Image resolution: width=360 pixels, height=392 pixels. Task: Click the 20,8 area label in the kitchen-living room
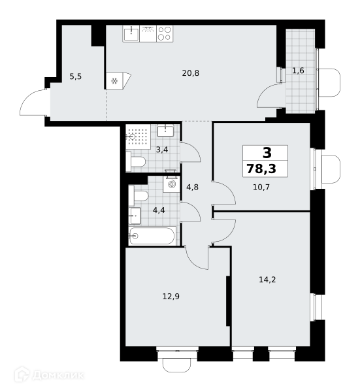191,73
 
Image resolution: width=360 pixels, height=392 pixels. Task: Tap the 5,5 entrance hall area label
76,76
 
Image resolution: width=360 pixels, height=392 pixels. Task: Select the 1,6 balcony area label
298,71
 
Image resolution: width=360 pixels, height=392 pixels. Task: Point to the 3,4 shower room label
162,150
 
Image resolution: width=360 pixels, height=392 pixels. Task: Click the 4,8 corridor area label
192,187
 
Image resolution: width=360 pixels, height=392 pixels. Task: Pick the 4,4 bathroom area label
159,210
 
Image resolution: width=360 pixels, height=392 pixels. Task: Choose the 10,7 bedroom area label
261,187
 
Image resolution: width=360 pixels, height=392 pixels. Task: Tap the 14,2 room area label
267,280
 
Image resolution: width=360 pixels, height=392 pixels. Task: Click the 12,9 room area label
171,297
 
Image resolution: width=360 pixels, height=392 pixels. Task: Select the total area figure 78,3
261,169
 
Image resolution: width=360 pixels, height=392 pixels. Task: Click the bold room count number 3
267,153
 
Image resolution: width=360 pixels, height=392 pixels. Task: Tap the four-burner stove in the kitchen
165,33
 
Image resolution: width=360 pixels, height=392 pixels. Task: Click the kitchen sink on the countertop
131,33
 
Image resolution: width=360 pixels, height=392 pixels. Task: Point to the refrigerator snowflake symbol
114,81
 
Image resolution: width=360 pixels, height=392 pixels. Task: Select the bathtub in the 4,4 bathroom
152,236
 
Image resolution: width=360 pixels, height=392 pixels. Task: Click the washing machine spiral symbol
171,184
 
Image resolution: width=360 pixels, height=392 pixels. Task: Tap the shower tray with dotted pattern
138,137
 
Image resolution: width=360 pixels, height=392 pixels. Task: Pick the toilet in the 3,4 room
135,161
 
